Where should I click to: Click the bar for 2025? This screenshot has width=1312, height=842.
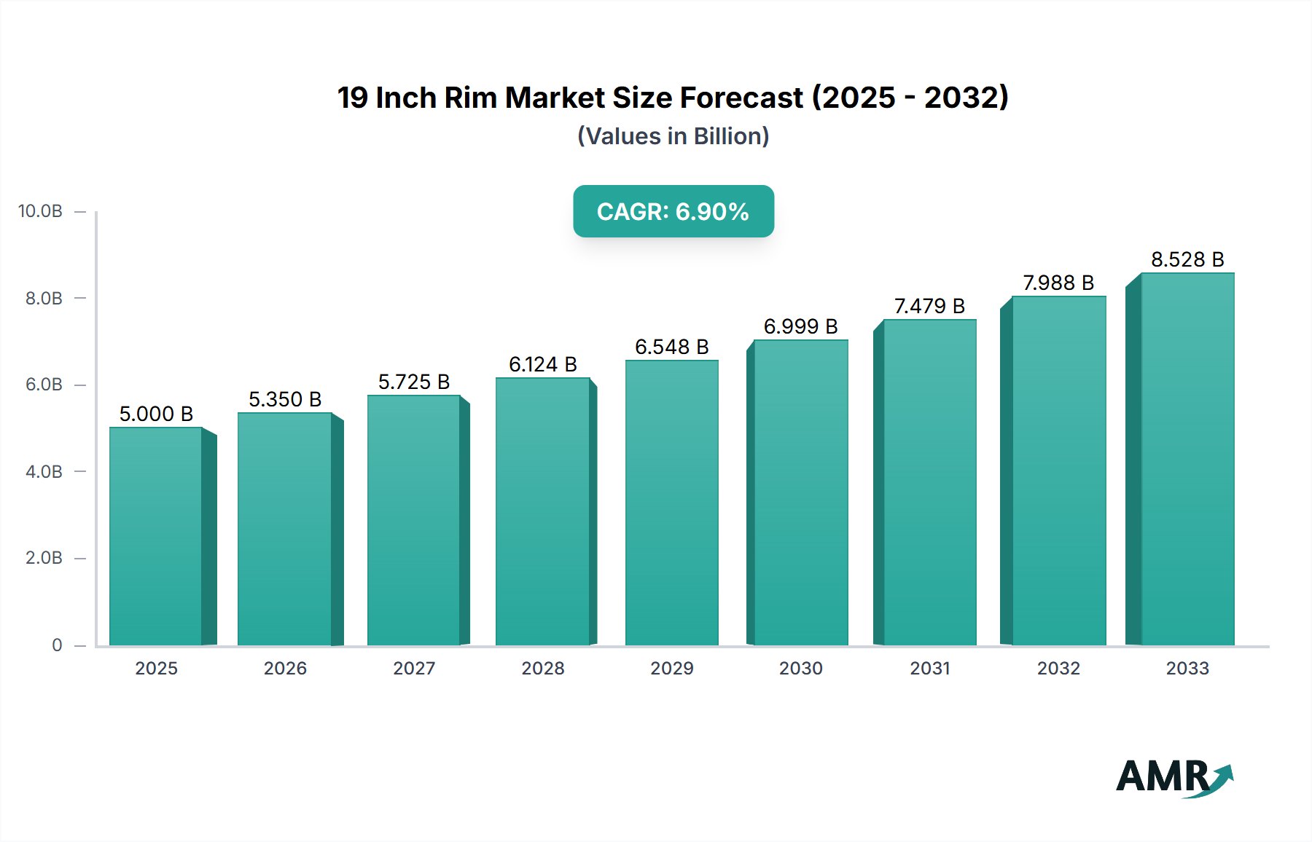click(x=156, y=536)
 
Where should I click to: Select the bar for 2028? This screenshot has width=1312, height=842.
click(x=542, y=511)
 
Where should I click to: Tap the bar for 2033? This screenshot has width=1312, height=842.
click(x=1187, y=459)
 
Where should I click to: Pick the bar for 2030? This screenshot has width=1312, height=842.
click(x=801, y=492)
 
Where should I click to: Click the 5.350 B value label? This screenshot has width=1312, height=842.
click(x=285, y=399)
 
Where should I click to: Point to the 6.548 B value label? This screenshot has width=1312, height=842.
click(x=671, y=347)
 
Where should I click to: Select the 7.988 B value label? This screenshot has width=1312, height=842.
click(x=1058, y=283)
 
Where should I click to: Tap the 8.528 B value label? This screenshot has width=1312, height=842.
click(x=1187, y=259)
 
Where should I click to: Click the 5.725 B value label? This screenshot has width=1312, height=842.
click(x=414, y=382)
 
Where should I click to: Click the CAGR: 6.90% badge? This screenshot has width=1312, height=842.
click(x=673, y=211)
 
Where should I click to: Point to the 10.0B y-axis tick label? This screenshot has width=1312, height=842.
click(x=40, y=211)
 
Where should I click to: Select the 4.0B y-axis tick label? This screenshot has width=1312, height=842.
click(x=44, y=472)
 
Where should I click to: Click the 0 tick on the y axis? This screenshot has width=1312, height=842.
click(x=57, y=645)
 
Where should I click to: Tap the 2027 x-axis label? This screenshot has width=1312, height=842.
click(x=414, y=669)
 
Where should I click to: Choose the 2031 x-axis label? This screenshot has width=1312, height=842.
click(x=930, y=669)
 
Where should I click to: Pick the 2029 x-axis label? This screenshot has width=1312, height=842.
click(x=671, y=669)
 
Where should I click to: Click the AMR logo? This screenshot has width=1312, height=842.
click(x=1174, y=777)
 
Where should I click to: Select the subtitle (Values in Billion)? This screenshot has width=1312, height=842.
click(x=673, y=136)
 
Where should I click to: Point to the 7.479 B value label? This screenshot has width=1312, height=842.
click(x=929, y=306)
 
